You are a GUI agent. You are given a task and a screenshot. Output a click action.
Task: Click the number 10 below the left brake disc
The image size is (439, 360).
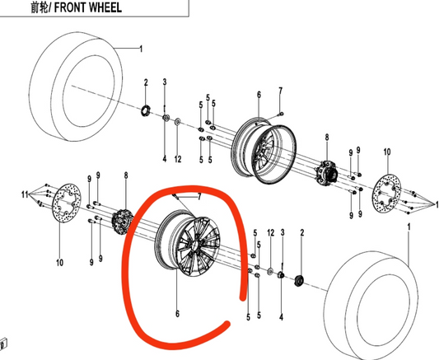click(x=58, y=264)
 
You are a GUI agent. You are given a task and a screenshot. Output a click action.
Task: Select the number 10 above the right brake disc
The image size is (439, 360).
click(x=387, y=152)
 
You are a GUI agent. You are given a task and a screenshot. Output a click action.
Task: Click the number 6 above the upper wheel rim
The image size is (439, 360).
click(x=258, y=96)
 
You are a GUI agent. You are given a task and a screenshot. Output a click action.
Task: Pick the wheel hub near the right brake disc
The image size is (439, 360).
click(x=328, y=174)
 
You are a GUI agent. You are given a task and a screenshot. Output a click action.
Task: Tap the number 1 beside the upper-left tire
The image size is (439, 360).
click(x=141, y=49)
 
